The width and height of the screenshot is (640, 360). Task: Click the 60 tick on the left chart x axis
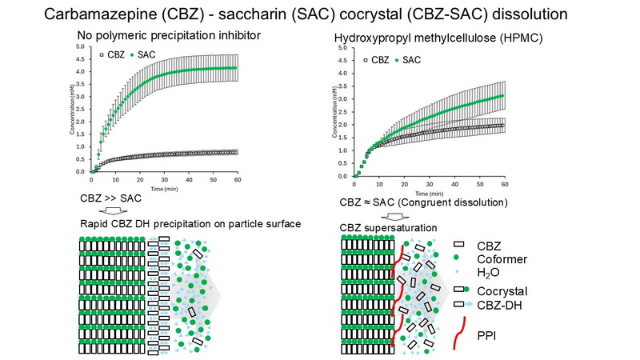coord(236,177)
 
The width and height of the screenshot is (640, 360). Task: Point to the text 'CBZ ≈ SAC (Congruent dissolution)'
coord(425,204)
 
